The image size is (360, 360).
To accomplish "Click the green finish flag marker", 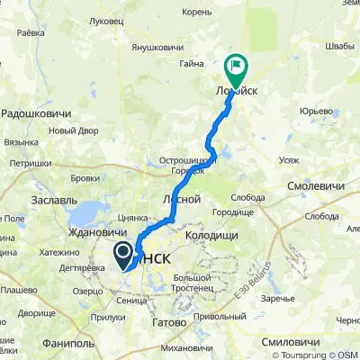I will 236,65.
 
